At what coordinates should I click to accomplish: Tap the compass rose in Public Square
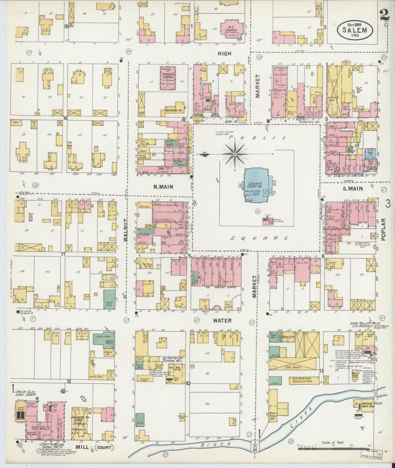[x=235, y=155]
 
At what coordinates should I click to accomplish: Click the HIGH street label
[x=224, y=54]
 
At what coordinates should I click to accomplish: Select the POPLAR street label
[x=383, y=229]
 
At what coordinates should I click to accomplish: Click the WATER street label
[x=223, y=320]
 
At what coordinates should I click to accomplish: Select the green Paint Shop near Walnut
[x=109, y=300]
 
